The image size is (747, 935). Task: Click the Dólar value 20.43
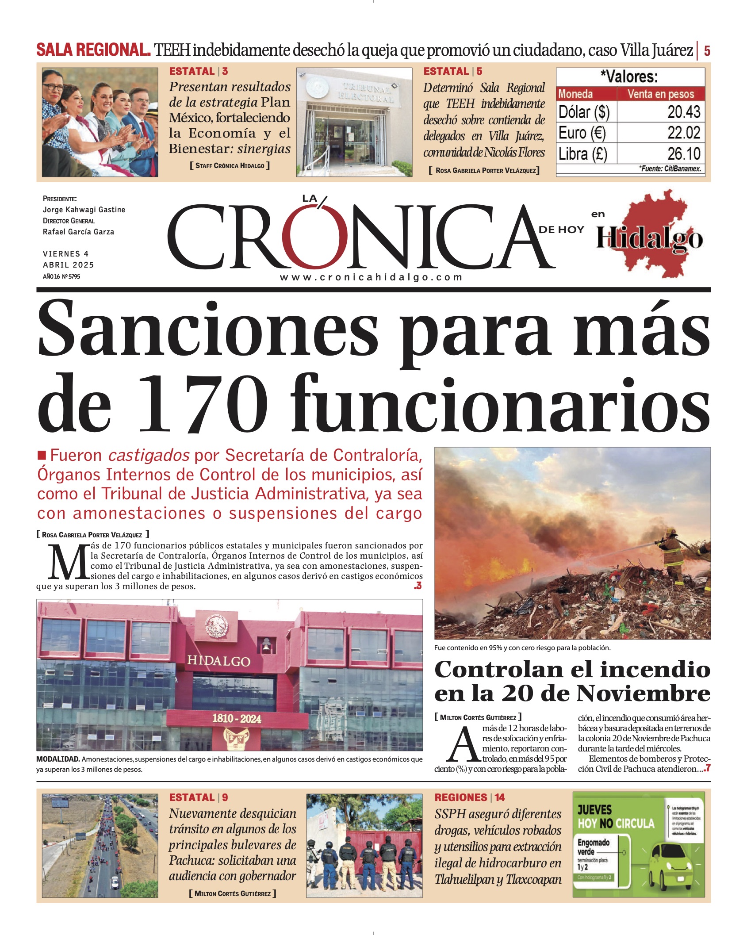(x=683, y=112)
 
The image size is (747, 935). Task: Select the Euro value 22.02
(x=683, y=133)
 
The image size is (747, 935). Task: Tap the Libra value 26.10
(x=683, y=154)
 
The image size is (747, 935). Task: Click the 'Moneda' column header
(x=575, y=94)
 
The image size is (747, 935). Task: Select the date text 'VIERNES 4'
(x=65, y=254)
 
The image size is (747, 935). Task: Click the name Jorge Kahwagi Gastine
(x=84, y=210)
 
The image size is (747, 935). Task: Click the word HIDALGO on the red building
(x=218, y=661)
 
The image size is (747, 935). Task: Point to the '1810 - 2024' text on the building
(x=237, y=718)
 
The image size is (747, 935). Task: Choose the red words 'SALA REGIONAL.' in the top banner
(x=93, y=50)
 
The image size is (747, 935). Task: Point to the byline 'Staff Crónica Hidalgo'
(x=230, y=166)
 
